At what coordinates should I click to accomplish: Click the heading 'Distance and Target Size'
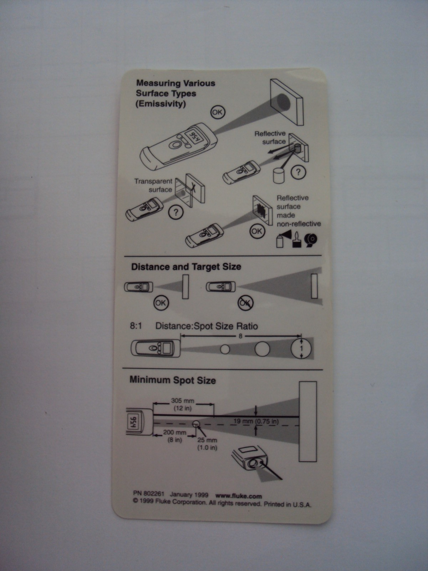(x=186, y=267)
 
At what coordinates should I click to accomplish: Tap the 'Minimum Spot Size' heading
(x=173, y=380)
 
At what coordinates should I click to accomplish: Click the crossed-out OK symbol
(x=246, y=303)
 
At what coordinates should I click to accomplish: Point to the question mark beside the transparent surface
(x=176, y=212)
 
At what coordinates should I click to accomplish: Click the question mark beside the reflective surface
(x=298, y=172)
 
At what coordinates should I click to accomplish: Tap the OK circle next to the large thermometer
(x=218, y=112)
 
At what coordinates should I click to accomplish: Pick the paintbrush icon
(x=296, y=241)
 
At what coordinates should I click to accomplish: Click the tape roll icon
(x=311, y=241)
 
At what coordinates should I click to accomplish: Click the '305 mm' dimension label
(x=182, y=401)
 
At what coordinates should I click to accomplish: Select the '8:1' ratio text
(x=136, y=326)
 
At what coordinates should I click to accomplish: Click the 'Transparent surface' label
(x=153, y=185)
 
